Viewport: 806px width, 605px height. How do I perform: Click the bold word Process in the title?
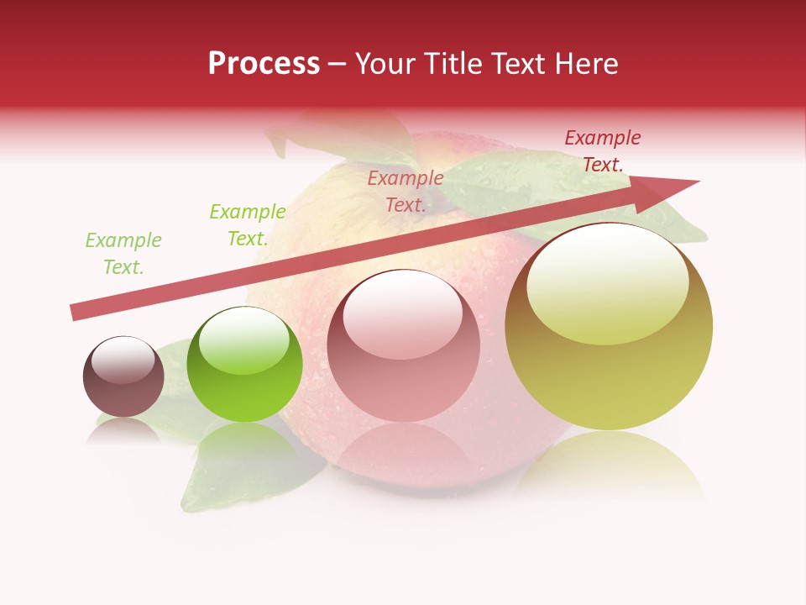(264, 64)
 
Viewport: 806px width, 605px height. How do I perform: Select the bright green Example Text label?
(248, 225)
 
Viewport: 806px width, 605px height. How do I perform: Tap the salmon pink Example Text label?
(406, 191)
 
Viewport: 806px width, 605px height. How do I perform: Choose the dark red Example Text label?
(603, 151)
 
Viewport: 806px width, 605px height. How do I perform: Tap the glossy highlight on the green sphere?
(244, 339)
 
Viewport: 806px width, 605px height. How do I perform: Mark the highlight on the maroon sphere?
(123, 360)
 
